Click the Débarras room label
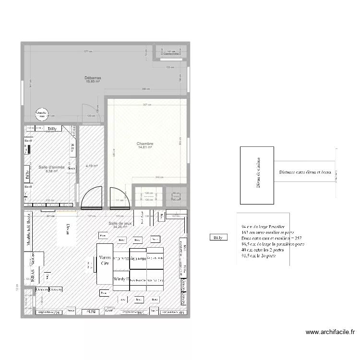coord(93,78)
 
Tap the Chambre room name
coord(144,144)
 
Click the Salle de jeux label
coord(120,224)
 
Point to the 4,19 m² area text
coord(91,166)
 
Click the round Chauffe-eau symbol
coord(42,114)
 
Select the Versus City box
coord(105,263)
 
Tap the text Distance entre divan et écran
coord(305,172)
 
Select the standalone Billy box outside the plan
coord(218,237)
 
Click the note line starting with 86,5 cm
coord(273,244)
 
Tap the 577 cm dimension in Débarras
coord(87,51)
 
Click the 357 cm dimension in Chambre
coord(147,105)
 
